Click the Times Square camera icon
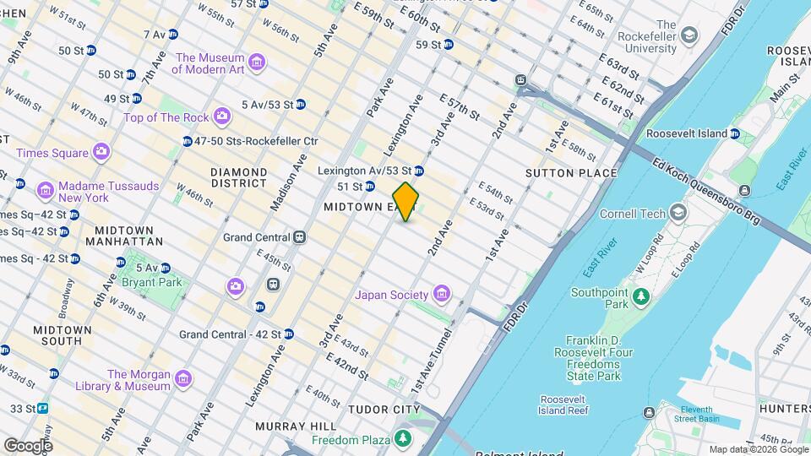click(101, 152)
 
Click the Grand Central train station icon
click(299, 238)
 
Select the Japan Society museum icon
click(440, 294)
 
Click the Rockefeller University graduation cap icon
click(690, 35)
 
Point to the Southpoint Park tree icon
click(640, 296)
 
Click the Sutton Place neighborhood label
click(571, 173)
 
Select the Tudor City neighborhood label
click(384, 410)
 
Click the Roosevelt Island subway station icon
click(735, 133)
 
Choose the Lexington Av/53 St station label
click(364, 171)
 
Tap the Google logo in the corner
click(28, 445)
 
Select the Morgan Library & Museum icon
click(184, 380)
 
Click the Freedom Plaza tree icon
click(403, 439)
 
